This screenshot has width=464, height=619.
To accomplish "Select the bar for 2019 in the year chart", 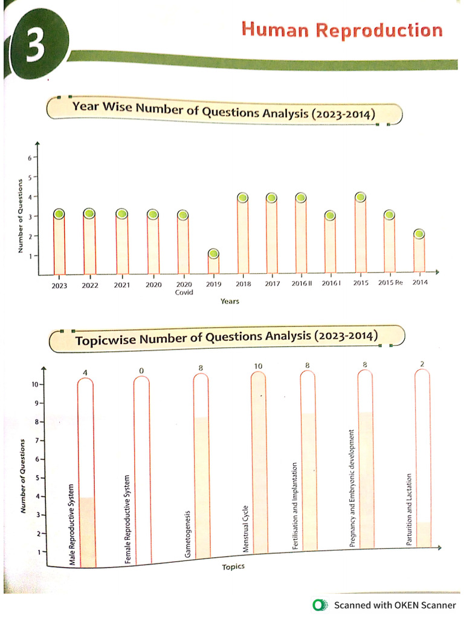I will [x=213, y=265].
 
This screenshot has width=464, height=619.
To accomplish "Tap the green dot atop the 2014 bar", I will [x=419, y=234].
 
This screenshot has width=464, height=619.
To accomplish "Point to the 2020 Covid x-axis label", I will [x=184, y=287].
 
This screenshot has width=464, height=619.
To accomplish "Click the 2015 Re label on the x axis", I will [x=390, y=283].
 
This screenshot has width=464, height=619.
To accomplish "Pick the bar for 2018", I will [x=243, y=238].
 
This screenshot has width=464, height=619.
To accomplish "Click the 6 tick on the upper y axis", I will [x=28, y=157].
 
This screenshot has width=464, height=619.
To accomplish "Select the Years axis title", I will [x=229, y=301].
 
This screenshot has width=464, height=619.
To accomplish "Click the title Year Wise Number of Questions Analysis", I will [x=224, y=111].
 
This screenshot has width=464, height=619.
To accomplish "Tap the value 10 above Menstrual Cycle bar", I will [x=258, y=366].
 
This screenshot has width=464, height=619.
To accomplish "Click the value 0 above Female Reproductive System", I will [x=141, y=370].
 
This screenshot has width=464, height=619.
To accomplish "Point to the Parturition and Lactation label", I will [x=409, y=510].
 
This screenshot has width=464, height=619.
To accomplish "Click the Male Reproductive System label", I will [x=71, y=525].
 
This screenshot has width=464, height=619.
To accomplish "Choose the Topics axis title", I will [x=233, y=567].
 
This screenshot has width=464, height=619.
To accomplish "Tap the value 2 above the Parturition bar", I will [x=422, y=363].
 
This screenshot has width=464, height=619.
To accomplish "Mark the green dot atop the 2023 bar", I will [x=59, y=213].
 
